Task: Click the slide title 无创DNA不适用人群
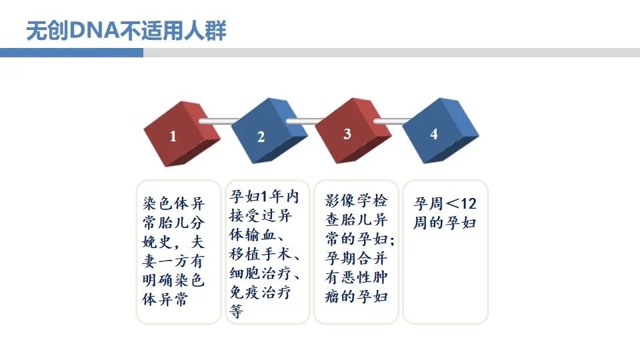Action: point(126,31)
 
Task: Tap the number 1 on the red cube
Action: point(173,136)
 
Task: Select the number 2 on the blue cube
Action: point(261,137)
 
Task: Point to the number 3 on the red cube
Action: point(347,134)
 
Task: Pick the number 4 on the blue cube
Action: point(434,134)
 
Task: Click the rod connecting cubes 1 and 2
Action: point(219,121)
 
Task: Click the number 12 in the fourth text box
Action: point(468,203)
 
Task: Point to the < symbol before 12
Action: point(452,203)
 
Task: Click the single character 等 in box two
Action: point(236,311)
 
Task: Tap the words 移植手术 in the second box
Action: point(261,254)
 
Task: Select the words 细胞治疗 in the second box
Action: point(261,273)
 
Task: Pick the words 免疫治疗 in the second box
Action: point(261,292)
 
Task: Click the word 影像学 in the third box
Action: point(348,201)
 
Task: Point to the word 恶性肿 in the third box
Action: point(365,277)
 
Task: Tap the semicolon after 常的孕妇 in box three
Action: point(392,241)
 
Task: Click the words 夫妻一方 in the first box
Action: point(173,251)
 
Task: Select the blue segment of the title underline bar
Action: point(71,53)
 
